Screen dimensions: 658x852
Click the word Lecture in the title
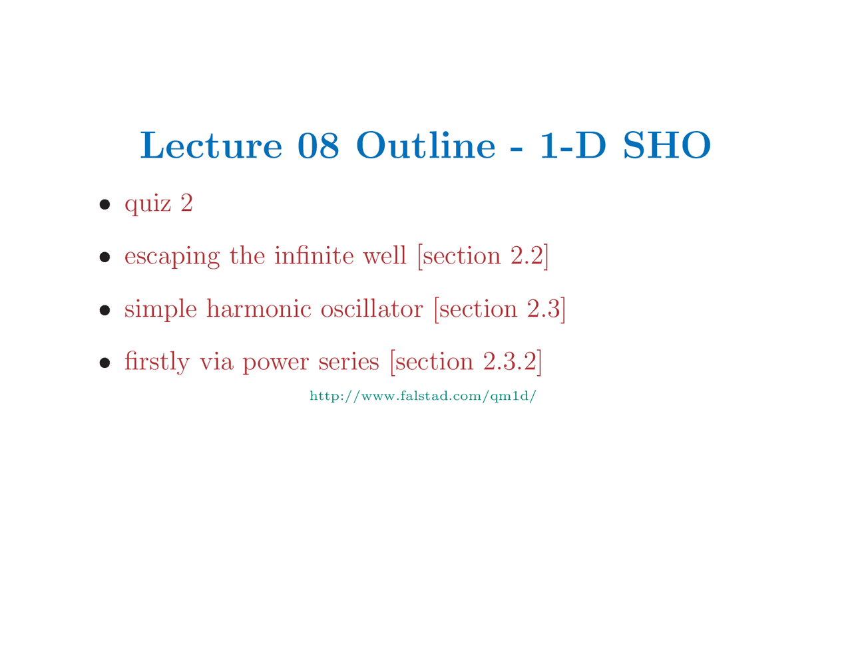[211, 146]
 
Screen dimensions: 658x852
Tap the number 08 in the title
[318, 146]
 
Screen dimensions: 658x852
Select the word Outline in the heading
[425, 146]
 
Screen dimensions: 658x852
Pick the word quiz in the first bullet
[148, 204]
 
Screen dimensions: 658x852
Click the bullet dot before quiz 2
[105, 204]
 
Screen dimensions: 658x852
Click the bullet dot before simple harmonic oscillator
[105, 310]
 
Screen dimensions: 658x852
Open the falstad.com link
[423, 397]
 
